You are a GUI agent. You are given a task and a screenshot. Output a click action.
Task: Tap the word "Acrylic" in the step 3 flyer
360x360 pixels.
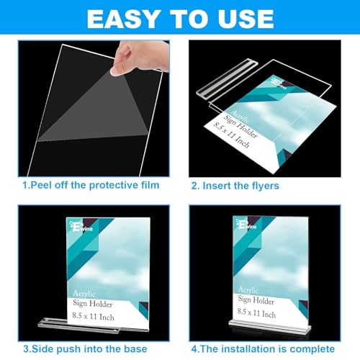86,292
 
